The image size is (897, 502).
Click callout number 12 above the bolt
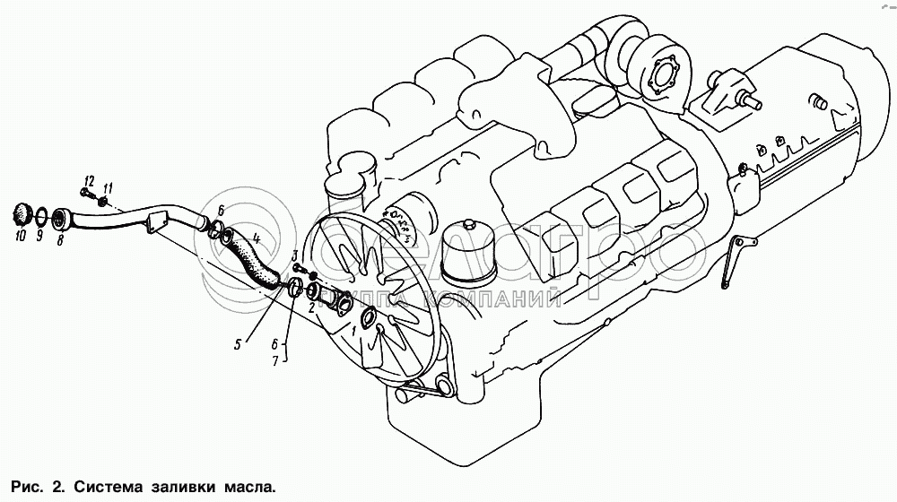click(x=89, y=181)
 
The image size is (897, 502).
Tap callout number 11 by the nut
click(x=109, y=188)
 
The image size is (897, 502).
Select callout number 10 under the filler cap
click(x=21, y=235)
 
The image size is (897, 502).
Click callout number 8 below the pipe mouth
click(x=59, y=240)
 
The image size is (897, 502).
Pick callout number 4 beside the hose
click(x=257, y=238)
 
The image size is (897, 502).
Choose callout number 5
click(x=238, y=344)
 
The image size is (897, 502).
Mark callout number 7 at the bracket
click(x=274, y=361)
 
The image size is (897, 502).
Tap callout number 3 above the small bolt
click(x=295, y=255)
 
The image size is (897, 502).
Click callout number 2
click(x=311, y=308)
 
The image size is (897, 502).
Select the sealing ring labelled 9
click(x=41, y=217)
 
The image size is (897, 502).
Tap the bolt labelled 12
click(x=87, y=195)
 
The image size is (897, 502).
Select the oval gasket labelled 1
click(x=367, y=316)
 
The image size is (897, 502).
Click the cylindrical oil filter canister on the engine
click(x=470, y=253)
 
